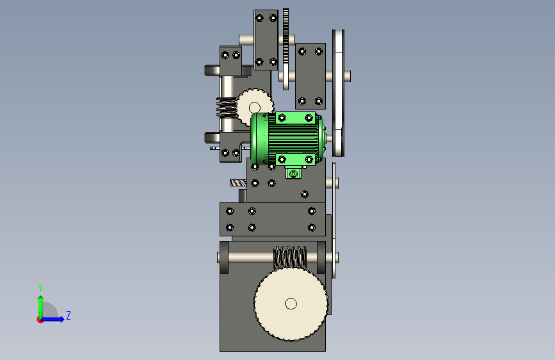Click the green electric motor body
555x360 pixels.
[x=287, y=138]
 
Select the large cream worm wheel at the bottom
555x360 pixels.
[x=291, y=304]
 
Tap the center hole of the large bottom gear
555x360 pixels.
[x=291, y=304]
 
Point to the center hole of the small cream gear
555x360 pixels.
[x=255, y=108]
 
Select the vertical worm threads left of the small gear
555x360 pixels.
[x=226, y=108]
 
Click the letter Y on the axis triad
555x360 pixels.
[x=40, y=288]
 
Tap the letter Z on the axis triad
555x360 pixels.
[x=68, y=315]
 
